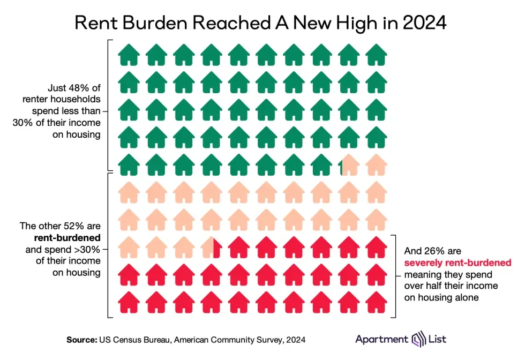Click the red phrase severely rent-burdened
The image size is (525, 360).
click(x=457, y=262)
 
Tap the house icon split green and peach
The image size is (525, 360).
click(x=349, y=164)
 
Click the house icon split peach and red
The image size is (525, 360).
click(x=212, y=246)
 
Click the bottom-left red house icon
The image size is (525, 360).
click(x=129, y=302)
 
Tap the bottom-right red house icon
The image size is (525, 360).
click(x=376, y=302)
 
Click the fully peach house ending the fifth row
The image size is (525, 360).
click(x=376, y=164)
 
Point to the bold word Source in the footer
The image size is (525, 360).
click(x=81, y=340)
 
